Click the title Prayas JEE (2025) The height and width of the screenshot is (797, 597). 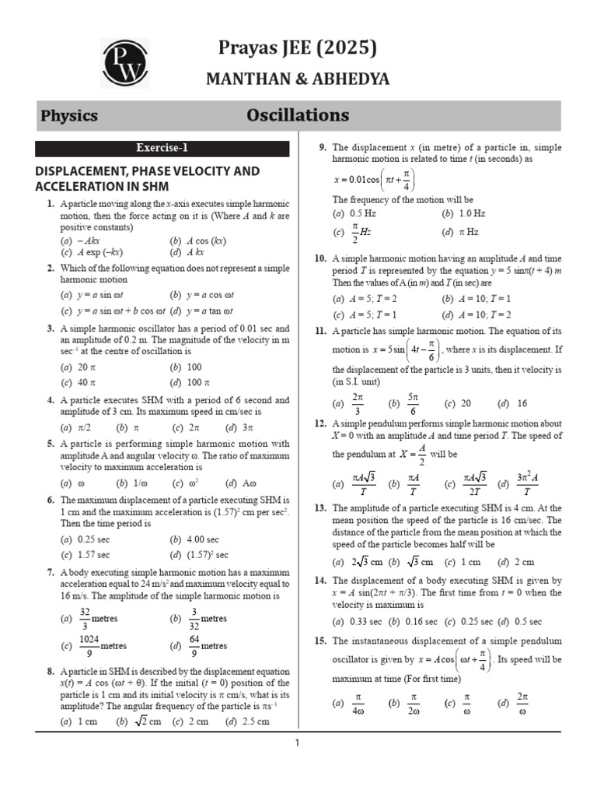coord(298,48)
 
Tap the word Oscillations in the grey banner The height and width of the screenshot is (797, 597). coord(298,116)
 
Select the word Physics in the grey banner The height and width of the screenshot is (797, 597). coord(69,116)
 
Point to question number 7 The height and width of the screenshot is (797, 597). coord(50,571)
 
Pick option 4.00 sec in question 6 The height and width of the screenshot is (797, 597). coord(201,539)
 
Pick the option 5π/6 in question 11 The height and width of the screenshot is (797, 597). coord(414,403)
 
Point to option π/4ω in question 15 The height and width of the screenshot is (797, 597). coord(358,704)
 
